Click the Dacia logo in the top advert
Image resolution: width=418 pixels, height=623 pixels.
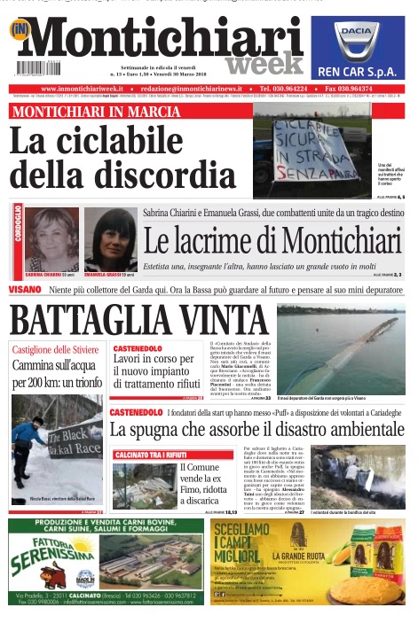pos(359,40)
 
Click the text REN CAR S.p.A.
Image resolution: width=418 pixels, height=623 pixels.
pos(359,70)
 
